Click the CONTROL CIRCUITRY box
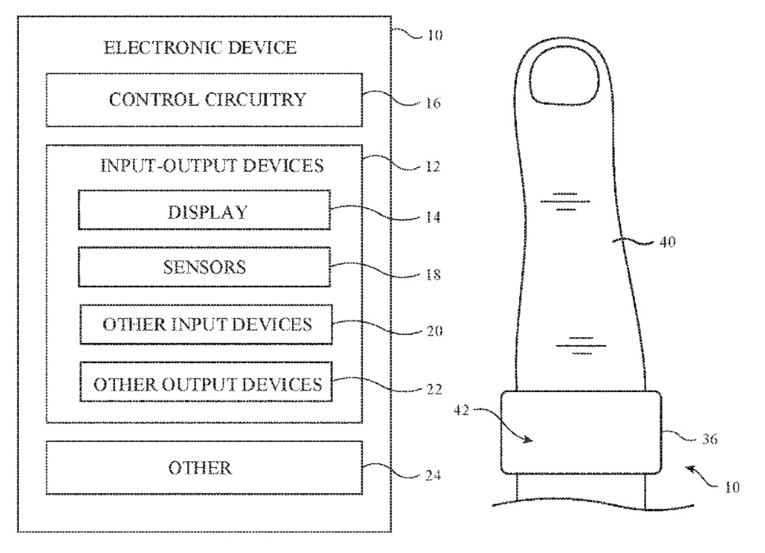pos(204,100)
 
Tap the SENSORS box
pos(204,267)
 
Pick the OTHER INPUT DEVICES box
pos(206,324)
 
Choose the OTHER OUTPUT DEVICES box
pos(206,382)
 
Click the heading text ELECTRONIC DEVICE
pos(200,47)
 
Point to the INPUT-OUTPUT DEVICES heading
pos(212,166)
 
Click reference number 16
pos(433,103)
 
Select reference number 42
pos(462,410)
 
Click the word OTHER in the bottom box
pos(200,468)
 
